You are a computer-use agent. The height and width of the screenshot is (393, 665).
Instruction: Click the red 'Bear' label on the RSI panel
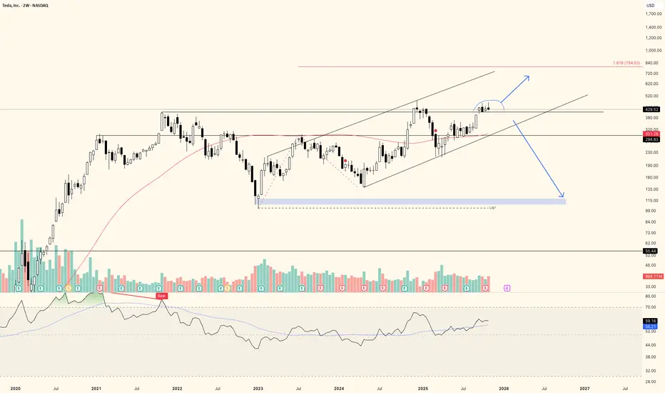162,296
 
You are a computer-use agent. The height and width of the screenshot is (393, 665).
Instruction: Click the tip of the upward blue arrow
529,76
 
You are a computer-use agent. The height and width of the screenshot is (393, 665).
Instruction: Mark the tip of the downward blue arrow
564,196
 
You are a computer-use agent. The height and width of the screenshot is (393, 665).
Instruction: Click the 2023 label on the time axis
258,387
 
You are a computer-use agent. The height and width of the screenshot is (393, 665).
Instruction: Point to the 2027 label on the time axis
584,387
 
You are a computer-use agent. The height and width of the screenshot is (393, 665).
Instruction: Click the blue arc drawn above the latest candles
490,100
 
